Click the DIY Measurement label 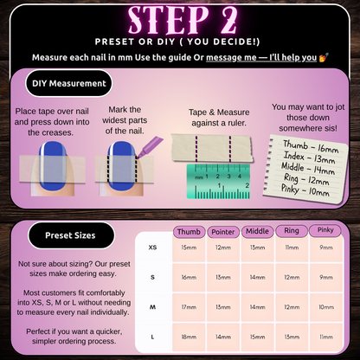(69, 83)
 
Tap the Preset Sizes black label (71, 235)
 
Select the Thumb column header (189, 232)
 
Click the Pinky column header (325, 230)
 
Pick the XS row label (152, 247)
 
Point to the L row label (152, 337)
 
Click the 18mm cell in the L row (189, 337)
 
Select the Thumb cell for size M (189, 307)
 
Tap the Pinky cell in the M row (326, 307)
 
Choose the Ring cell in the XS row (292, 247)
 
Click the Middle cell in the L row (257, 337)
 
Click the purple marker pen (150, 147)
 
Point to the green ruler (218, 182)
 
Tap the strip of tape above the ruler (212, 148)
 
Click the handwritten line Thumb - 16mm (311, 146)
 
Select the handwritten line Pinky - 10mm (305, 190)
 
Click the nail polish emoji (324, 57)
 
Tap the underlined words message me (231, 58)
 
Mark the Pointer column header (223, 232)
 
